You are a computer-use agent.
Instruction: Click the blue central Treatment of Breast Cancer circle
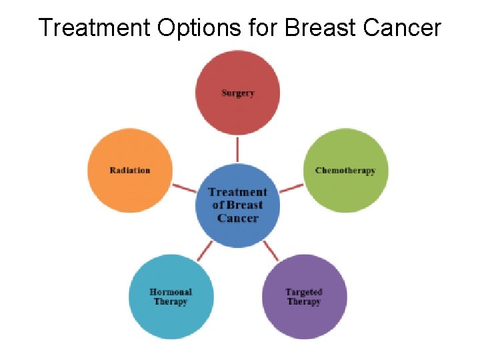point(237,205)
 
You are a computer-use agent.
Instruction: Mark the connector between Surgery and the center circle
point(237,149)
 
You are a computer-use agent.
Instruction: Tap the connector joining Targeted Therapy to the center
point(271,251)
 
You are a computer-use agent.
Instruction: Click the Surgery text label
point(238,93)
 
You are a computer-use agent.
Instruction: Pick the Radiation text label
point(130,170)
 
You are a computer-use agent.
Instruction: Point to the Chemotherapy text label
point(345,171)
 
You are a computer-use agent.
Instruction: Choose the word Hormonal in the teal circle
point(171,292)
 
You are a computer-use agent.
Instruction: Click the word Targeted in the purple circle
point(304,292)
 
